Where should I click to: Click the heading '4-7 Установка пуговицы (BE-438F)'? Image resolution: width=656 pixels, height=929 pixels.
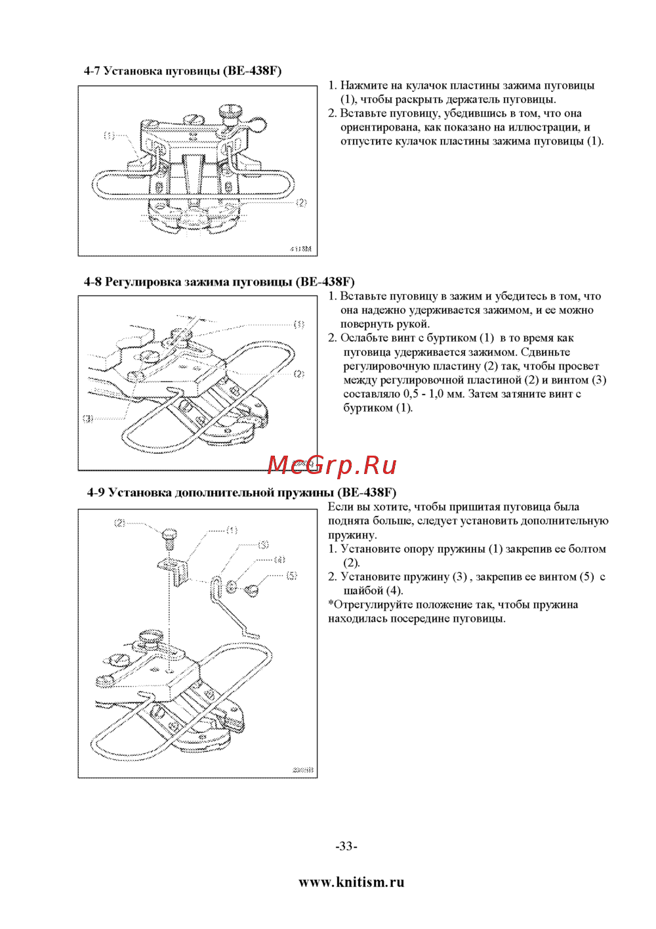pos(182,71)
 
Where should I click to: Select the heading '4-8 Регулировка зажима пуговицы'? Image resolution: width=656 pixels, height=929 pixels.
pos(219,282)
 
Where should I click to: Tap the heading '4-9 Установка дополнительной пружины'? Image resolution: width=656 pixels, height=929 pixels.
pos(241,492)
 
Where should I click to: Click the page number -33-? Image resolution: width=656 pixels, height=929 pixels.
pos(346,846)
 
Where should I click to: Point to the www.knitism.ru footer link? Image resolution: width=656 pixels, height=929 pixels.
pos(351,882)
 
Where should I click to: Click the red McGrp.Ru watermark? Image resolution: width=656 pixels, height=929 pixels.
pos(332,465)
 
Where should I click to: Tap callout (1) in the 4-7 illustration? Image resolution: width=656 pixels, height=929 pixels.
pos(109,136)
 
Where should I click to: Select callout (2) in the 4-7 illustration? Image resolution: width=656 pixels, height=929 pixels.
pos(301,203)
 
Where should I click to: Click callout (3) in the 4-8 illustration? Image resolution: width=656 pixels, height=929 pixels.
pos(88,418)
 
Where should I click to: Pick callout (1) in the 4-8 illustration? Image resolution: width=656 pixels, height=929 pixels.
pos(298,324)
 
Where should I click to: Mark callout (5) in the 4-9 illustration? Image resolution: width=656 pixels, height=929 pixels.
pos(292,576)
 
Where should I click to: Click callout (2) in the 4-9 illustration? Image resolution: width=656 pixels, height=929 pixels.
pos(119,523)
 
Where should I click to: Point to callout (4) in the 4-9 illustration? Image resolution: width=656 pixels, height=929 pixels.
pos(280,560)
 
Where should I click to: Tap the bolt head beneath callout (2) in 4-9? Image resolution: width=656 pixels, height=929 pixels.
pos(168,535)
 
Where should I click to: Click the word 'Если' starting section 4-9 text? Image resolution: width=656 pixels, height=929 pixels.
pos(340,507)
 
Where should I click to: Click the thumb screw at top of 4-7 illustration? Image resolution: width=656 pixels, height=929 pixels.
pos(230,112)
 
